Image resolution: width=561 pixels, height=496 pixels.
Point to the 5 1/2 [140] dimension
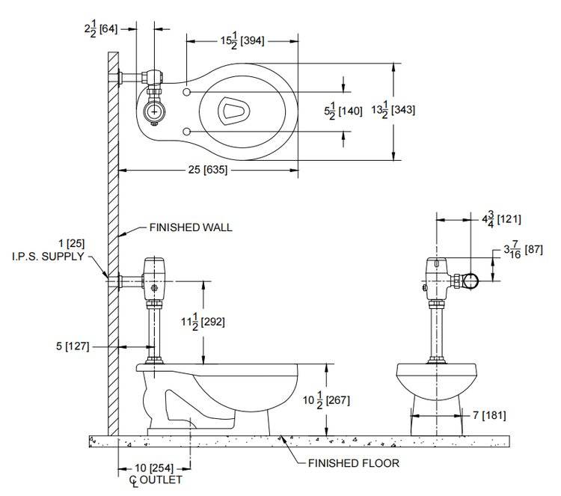pos(343,111)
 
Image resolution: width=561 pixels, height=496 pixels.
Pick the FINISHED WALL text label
pos(191,227)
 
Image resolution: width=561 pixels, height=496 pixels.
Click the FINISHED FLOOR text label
pos(354,463)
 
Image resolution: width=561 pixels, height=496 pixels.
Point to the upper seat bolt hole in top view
pos(186,91)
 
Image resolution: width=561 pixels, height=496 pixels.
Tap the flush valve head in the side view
pos(155,268)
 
